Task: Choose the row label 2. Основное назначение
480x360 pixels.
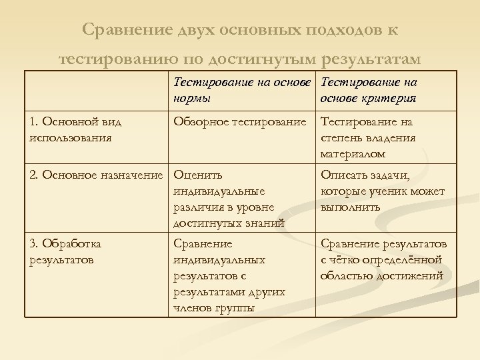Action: pos(96,175)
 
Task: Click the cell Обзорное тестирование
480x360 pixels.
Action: pos(239,122)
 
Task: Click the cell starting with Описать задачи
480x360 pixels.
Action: pos(382,191)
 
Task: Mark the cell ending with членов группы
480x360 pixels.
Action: pos(229,275)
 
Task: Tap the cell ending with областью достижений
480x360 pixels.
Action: pos(383,259)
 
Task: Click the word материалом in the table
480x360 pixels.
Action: pos(353,154)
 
